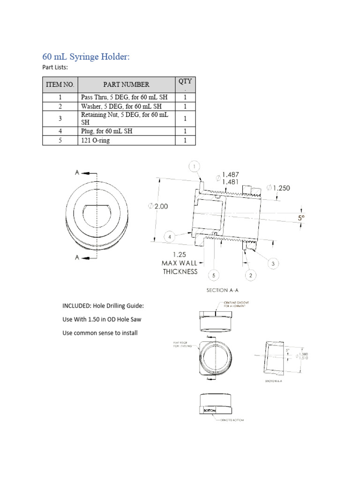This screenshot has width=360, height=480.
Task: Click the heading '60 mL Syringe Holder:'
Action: [86, 57]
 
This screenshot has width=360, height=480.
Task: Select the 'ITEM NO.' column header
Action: [60, 84]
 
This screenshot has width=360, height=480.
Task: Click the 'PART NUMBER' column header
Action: [126, 84]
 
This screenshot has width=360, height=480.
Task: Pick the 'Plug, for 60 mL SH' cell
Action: [106, 131]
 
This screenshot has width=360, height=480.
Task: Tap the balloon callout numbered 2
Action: [251, 275]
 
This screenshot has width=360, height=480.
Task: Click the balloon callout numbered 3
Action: [273, 264]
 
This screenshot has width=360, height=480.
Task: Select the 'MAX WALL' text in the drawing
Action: [180, 263]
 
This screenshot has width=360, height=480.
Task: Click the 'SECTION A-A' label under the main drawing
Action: [223, 290]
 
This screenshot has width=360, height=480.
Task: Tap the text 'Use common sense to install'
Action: [100, 333]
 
